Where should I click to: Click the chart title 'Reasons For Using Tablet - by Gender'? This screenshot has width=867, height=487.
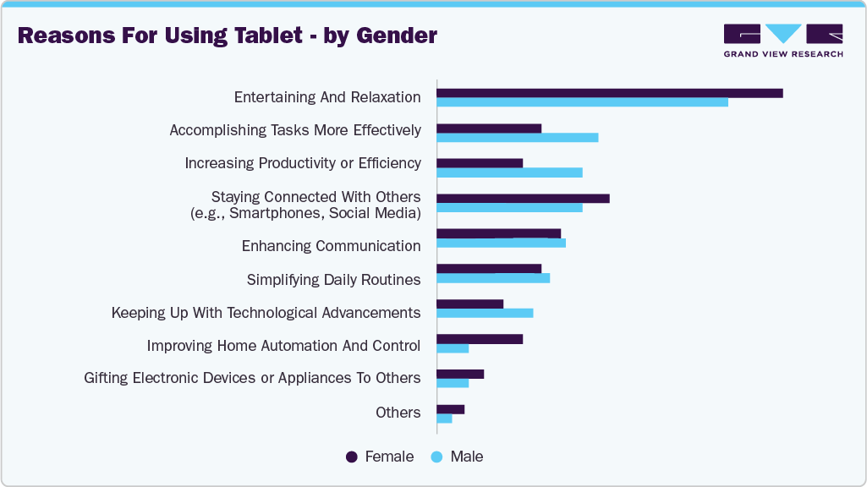click(x=228, y=36)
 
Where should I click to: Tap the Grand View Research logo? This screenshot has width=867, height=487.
click(x=782, y=41)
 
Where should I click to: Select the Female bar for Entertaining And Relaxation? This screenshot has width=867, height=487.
click(x=609, y=93)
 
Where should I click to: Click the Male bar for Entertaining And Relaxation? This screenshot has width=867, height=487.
click(x=582, y=102)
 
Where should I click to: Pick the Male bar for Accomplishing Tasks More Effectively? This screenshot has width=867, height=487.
click(x=517, y=137)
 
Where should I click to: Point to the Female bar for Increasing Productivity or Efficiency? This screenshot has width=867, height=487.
click(x=480, y=163)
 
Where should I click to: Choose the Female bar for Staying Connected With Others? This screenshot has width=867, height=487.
click(x=523, y=198)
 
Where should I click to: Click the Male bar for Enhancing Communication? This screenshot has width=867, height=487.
click(x=501, y=243)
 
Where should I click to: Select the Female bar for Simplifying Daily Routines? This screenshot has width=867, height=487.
click(x=489, y=269)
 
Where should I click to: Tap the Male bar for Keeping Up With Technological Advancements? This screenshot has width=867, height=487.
click(x=485, y=313)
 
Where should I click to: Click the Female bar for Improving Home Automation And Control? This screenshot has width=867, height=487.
click(x=480, y=339)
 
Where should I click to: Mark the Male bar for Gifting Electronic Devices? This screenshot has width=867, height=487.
click(x=453, y=383)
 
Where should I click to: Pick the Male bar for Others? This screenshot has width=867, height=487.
click(x=444, y=418)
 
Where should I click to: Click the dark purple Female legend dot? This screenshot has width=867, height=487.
click(x=352, y=457)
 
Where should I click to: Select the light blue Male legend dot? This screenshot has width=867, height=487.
click(x=437, y=457)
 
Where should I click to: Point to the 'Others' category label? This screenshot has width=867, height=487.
click(x=398, y=413)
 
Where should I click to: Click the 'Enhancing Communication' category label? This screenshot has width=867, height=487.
click(x=331, y=246)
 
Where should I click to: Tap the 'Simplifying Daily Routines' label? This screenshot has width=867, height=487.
click(x=333, y=280)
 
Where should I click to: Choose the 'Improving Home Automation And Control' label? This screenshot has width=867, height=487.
click(x=283, y=346)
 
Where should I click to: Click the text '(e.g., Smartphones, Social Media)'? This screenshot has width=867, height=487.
click(x=305, y=213)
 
